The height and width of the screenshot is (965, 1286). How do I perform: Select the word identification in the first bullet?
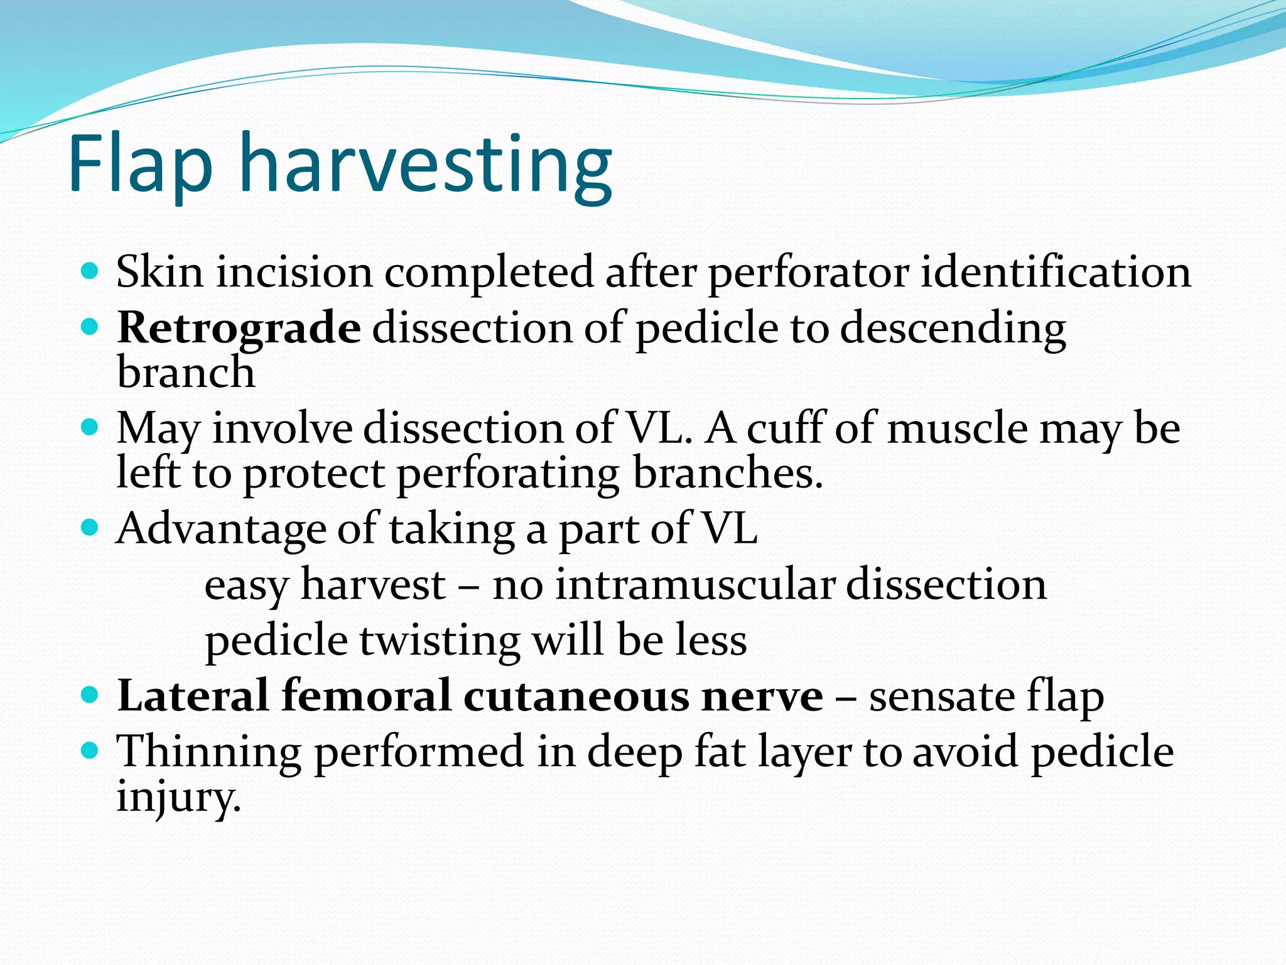(x=1056, y=272)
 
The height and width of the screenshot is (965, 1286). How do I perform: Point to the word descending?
(x=953, y=329)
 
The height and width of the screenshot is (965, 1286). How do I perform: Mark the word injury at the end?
(x=179, y=797)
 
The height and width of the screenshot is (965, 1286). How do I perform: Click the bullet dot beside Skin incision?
(x=90, y=271)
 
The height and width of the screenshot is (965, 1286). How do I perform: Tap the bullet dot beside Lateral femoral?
(x=90, y=695)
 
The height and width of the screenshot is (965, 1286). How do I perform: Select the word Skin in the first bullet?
(x=159, y=272)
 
